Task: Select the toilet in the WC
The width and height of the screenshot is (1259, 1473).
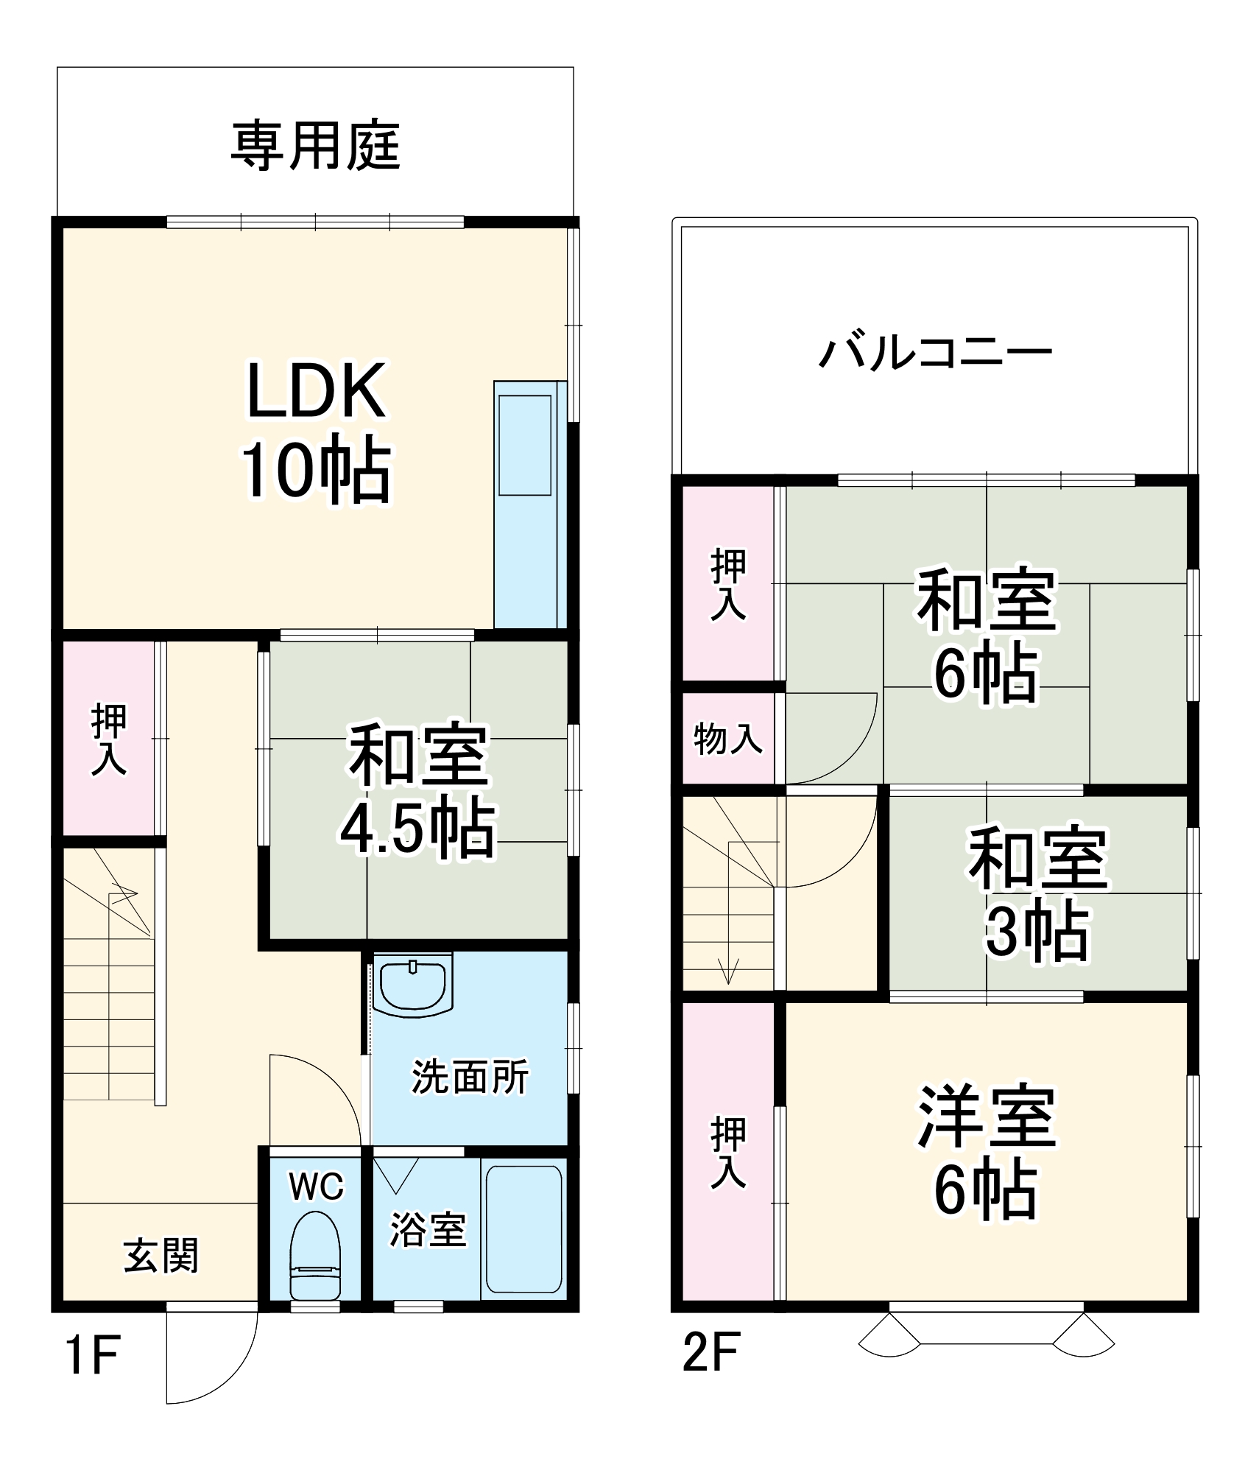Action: click(315, 1256)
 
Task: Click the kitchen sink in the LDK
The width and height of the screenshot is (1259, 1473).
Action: click(525, 445)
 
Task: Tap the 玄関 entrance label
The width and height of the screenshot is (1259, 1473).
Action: click(161, 1255)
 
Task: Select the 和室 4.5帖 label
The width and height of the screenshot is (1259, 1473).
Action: click(418, 792)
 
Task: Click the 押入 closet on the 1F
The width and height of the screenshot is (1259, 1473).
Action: click(108, 739)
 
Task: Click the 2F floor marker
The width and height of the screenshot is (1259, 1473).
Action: click(710, 1352)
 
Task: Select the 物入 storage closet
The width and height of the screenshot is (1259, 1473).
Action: click(727, 739)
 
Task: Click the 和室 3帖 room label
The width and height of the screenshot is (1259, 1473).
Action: click(1037, 894)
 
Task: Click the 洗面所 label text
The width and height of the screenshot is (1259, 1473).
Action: click(470, 1077)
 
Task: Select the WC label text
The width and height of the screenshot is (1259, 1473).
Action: click(316, 1187)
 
